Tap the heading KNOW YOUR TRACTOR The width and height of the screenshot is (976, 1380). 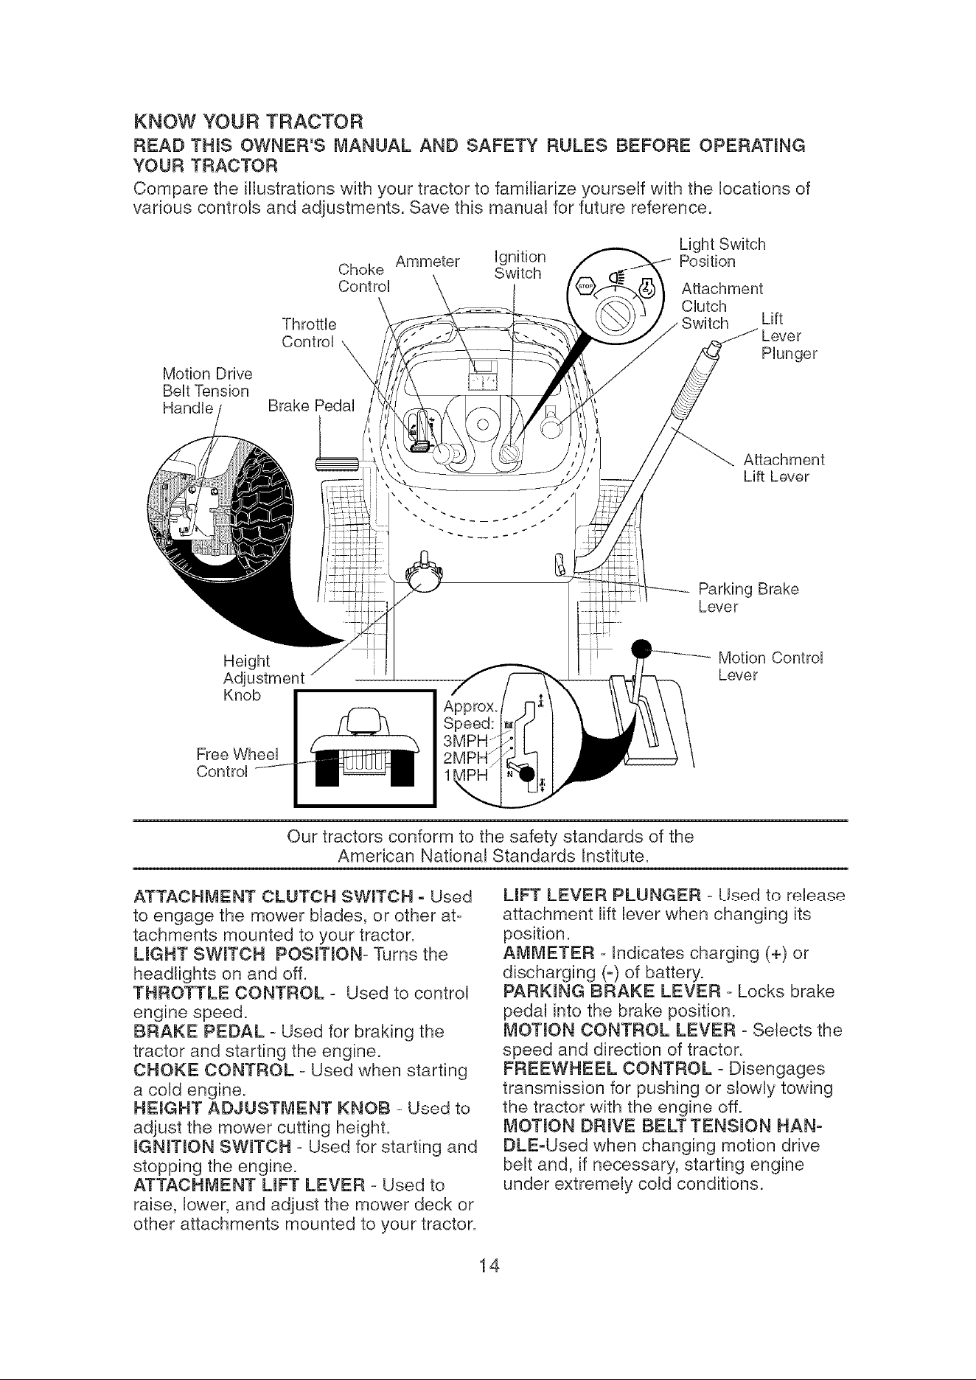coord(248,120)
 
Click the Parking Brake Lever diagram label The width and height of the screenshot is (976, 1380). coord(748,598)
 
